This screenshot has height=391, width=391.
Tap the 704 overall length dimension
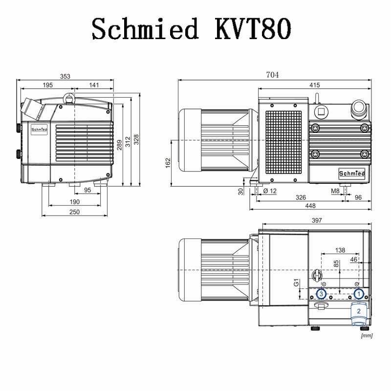pos(272,75)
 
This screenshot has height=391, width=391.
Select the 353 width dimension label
pos(65,76)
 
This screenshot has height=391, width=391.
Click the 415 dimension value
pos(314,85)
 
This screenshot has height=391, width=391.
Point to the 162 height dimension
pos(168,162)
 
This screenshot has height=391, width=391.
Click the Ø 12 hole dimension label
pos(270,191)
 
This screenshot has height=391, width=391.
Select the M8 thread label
pos(335,191)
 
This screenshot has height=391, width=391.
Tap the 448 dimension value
pos(310,206)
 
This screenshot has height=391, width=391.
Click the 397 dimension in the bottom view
pos(317,221)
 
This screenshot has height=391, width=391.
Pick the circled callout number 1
pos(359,294)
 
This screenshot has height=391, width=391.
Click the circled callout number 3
pos(321,294)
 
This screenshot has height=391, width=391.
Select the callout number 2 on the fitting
pos(358,311)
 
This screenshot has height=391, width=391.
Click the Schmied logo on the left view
pos(39,130)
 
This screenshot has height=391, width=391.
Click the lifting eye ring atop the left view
pos(69,98)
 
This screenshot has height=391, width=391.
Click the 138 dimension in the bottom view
pos(341,250)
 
